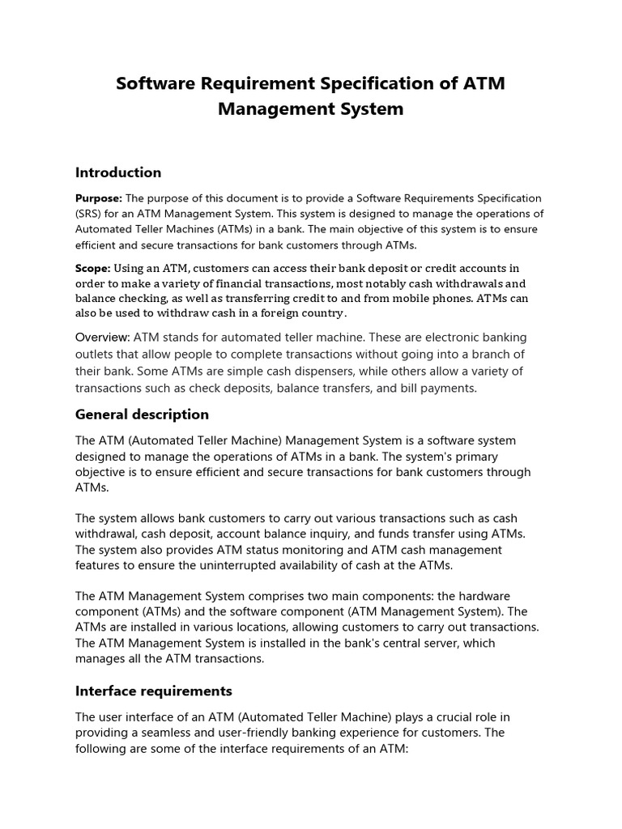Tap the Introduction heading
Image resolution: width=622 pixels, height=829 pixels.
coord(118,172)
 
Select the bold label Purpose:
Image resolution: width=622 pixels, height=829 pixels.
coord(99,198)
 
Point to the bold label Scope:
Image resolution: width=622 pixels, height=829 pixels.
coord(93,268)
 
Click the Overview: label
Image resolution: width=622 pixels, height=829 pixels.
coord(103,337)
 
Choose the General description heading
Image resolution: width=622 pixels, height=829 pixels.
coord(142,414)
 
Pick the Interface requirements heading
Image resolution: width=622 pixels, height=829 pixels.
coord(154,691)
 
